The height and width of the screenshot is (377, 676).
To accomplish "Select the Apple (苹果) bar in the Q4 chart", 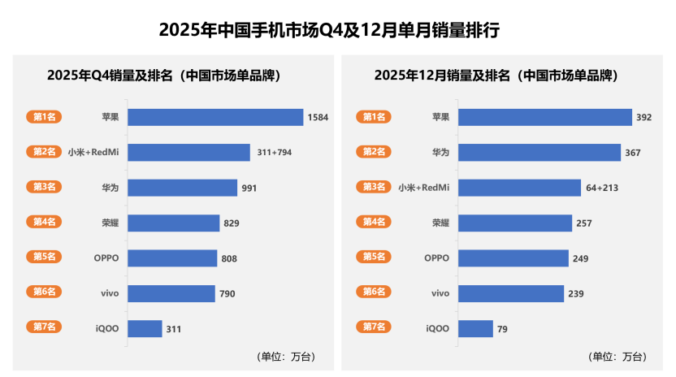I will pyautogui.click(x=215, y=117).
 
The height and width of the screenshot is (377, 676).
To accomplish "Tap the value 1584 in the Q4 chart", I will pyautogui.click(x=318, y=118).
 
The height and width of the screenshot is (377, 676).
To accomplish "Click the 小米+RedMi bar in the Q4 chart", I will pyautogui.click(x=188, y=153).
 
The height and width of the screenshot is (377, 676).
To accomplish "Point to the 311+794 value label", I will pyautogui.click(x=274, y=153).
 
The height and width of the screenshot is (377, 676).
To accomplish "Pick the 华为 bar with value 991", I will pyautogui.click(x=182, y=188).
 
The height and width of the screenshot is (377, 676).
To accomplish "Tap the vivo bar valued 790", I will pyautogui.click(x=171, y=293).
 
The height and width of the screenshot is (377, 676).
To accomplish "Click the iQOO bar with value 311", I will pyautogui.click(x=145, y=329).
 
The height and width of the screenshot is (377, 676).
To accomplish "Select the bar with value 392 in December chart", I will pyautogui.click(x=544, y=117).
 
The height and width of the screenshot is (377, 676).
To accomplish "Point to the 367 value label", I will pyautogui.click(x=634, y=153).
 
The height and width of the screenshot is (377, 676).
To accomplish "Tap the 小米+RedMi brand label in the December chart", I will pyautogui.click(x=423, y=188).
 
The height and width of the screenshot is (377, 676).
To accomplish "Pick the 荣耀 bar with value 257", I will pyautogui.click(x=515, y=223).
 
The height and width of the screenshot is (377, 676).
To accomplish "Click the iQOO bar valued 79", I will pyautogui.click(x=475, y=329).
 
